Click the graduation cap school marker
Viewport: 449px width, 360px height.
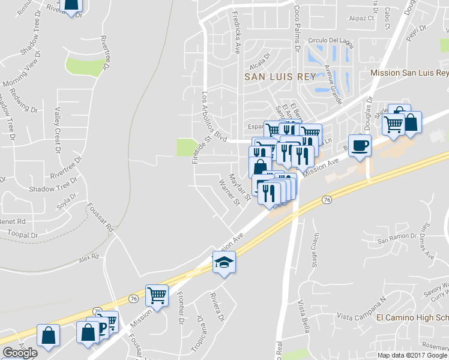[x=224, y=262]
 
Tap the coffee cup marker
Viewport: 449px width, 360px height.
[x=360, y=146]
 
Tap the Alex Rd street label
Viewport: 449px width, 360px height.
[x=88, y=259]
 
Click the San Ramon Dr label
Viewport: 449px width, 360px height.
[x=396, y=237]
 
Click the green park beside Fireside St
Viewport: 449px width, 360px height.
[x=187, y=147]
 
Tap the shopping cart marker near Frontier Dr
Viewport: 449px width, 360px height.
[x=157, y=295]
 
